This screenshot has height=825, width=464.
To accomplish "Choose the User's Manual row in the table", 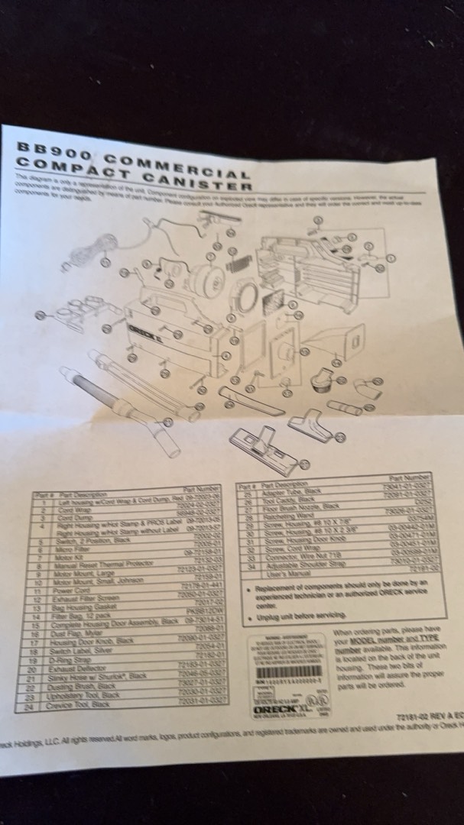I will tap(284, 571).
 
